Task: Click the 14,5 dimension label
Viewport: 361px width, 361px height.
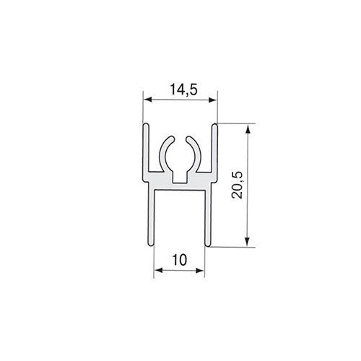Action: click(184, 90)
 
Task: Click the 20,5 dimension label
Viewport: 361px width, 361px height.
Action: click(238, 185)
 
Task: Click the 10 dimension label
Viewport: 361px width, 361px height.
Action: click(179, 260)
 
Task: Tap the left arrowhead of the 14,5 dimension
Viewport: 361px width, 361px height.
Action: click(147, 100)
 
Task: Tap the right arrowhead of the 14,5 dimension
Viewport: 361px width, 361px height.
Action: click(213, 100)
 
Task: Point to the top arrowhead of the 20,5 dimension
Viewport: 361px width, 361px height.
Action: click(248, 129)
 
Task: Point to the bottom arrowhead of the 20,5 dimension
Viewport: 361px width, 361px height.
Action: click(248, 242)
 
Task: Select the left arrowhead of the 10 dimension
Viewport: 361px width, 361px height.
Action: click(158, 271)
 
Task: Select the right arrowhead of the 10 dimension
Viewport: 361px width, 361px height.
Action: click(200, 271)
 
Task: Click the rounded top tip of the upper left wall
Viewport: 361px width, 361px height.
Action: click(146, 124)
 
